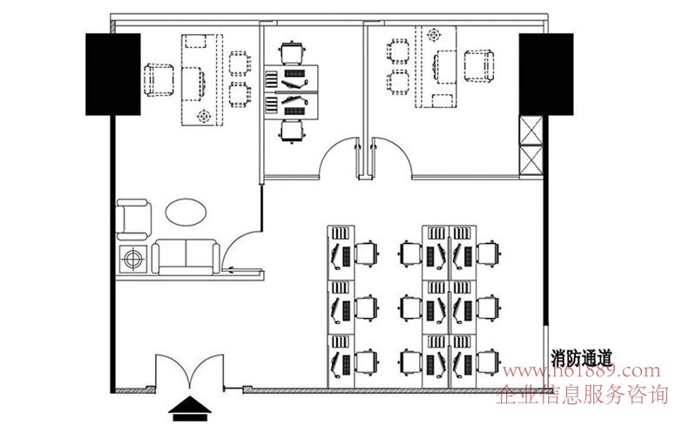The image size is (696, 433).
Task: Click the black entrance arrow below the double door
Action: [x=190, y=409]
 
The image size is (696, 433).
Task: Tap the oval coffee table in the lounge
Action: [x=186, y=213]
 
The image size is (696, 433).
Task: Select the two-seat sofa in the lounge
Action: [x=186, y=257]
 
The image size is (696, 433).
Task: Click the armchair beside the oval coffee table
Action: [x=133, y=220]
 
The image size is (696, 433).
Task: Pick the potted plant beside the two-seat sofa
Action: [x=133, y=259]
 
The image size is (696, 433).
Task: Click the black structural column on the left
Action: [x=113, y=74]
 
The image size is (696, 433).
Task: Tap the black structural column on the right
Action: [x=546, y=74]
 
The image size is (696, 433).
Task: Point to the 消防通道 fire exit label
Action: [x=582, y=358]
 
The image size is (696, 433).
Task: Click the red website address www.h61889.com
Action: [x=582, y=370]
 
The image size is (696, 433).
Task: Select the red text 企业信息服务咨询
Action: [x=582, y=395]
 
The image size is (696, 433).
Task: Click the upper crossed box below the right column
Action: [x=530, y=130]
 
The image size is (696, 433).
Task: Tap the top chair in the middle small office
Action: [x=293, y=53]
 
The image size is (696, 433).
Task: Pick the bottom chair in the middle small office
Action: [x=293, y=132]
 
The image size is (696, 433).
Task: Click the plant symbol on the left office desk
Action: [x=204, y=117]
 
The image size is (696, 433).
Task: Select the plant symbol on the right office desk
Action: [x=434, y=35]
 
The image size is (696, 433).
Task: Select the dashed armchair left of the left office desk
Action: [x=159, y=80]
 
